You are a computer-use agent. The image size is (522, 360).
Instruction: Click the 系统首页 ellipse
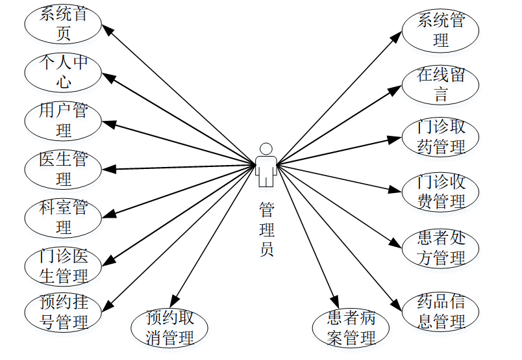[x=63, y=23]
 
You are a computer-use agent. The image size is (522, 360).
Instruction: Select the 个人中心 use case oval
[x=63, y=72]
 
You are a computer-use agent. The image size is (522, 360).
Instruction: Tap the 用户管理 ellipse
[x=63, y=120]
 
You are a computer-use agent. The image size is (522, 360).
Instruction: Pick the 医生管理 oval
[x=63, y=168]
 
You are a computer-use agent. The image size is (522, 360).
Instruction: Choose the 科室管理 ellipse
[x=63, y=218]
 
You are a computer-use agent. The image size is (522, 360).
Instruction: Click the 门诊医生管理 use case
[x=63, y=266]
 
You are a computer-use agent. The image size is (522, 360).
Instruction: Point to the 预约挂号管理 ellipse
[x=63, y=313]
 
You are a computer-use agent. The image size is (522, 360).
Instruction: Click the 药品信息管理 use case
[x=441, y=312]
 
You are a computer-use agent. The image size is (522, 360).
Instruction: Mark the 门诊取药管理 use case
[x=441, y=137]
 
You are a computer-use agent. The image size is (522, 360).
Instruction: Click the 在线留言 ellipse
[x=441, y=84]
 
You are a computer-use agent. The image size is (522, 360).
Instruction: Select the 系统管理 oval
[x=441, y=30]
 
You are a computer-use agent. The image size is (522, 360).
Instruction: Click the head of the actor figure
[x=265, y=148]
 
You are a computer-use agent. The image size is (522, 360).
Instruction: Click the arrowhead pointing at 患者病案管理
[x=334, y=302]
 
